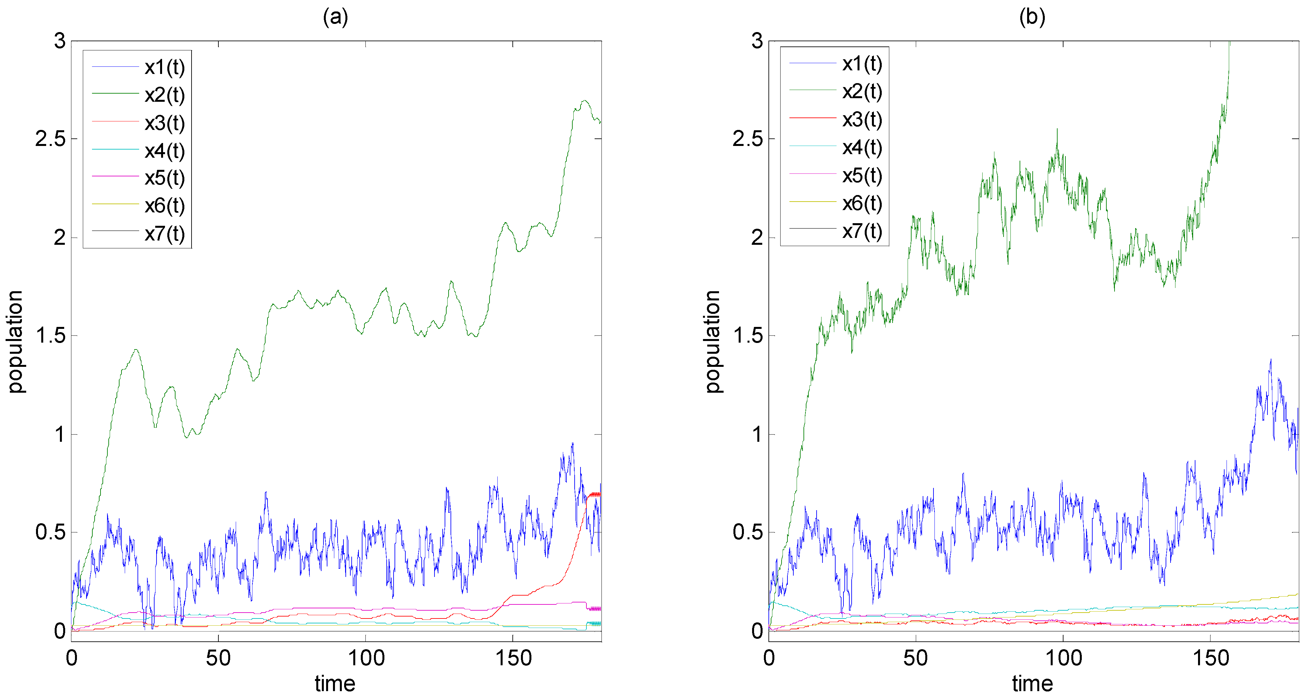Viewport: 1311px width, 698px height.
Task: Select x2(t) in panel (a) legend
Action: (x=164, y=95)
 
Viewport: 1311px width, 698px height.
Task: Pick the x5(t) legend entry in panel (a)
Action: (x=164, y=178)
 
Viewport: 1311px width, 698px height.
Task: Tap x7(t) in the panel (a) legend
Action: (x=164, y=234)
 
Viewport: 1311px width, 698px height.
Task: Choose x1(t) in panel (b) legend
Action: (x=862, y=63)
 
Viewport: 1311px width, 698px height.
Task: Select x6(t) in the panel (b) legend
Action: (x=862, y=204)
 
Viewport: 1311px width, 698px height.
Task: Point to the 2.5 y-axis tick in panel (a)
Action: (x=51, y=139)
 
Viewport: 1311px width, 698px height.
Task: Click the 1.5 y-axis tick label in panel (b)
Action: (x=748, y=336)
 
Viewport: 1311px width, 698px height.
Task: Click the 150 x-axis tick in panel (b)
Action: (x=1211, y=659)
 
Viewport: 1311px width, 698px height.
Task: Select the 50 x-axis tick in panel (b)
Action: (x=915, y=659)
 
